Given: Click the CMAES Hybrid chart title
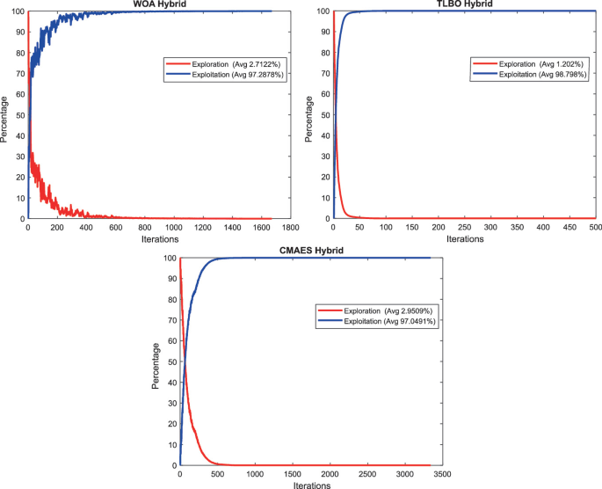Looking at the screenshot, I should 306,252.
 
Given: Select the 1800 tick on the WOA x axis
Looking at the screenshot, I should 290,228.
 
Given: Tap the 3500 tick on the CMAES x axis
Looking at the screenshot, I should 430,474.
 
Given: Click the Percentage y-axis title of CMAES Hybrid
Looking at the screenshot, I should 157,361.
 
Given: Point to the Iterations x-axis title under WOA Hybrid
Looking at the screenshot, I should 159,238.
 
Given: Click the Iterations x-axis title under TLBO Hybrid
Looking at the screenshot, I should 465,238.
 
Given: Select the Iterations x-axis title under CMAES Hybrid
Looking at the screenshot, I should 305,485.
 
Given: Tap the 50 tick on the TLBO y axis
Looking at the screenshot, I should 325,115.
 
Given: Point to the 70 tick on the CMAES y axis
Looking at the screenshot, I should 170,320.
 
